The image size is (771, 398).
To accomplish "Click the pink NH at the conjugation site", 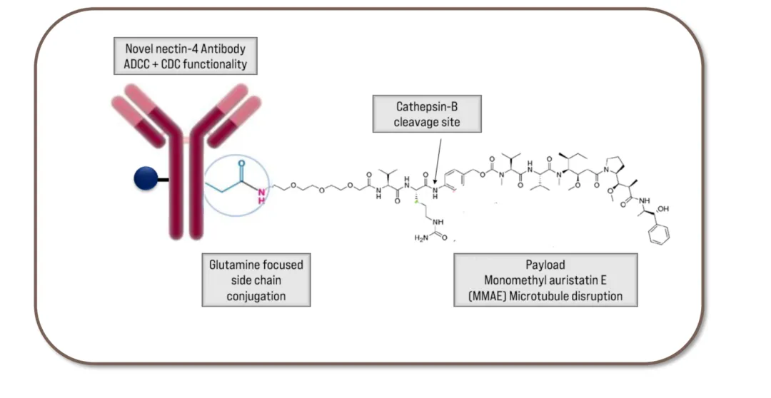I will [x=262, y=194].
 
